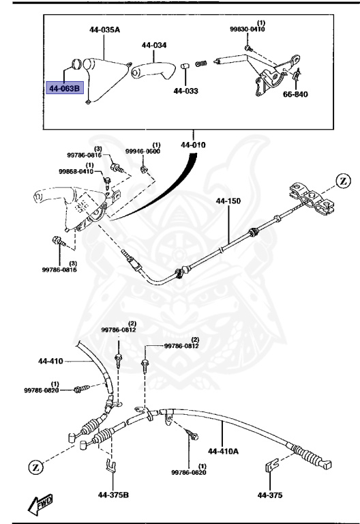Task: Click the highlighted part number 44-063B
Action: point(63,88)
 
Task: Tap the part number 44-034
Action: point(154,46)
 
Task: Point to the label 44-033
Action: point(185,90)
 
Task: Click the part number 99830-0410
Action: point(247,29)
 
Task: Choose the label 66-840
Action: point(295,94)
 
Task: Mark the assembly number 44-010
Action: point(194,145)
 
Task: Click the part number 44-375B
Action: point(112,495)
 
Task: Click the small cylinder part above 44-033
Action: point(184,68)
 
